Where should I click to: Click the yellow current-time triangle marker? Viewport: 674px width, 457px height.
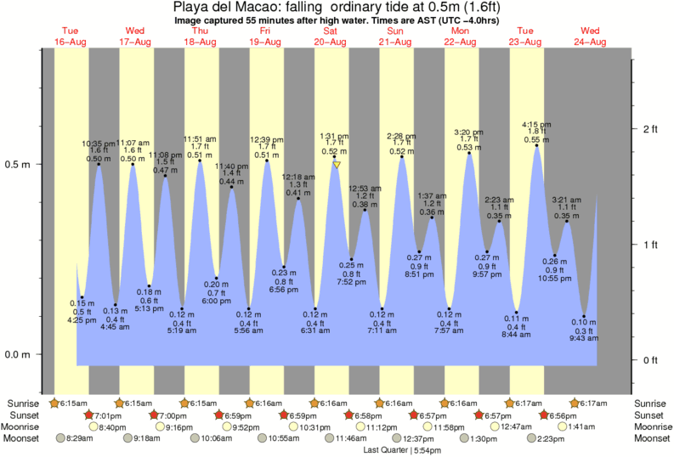pos(337,165)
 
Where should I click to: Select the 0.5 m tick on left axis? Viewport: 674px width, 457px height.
pos(19,164)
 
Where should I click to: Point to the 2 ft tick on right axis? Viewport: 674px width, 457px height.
pos(650,129)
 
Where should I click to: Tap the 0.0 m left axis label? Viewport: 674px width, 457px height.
pos(19,354)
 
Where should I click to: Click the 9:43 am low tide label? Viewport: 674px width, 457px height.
pos(584,338)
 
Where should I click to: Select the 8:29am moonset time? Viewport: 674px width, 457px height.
pos(74,438)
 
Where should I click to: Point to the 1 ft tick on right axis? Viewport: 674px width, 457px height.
pos(650,245)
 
